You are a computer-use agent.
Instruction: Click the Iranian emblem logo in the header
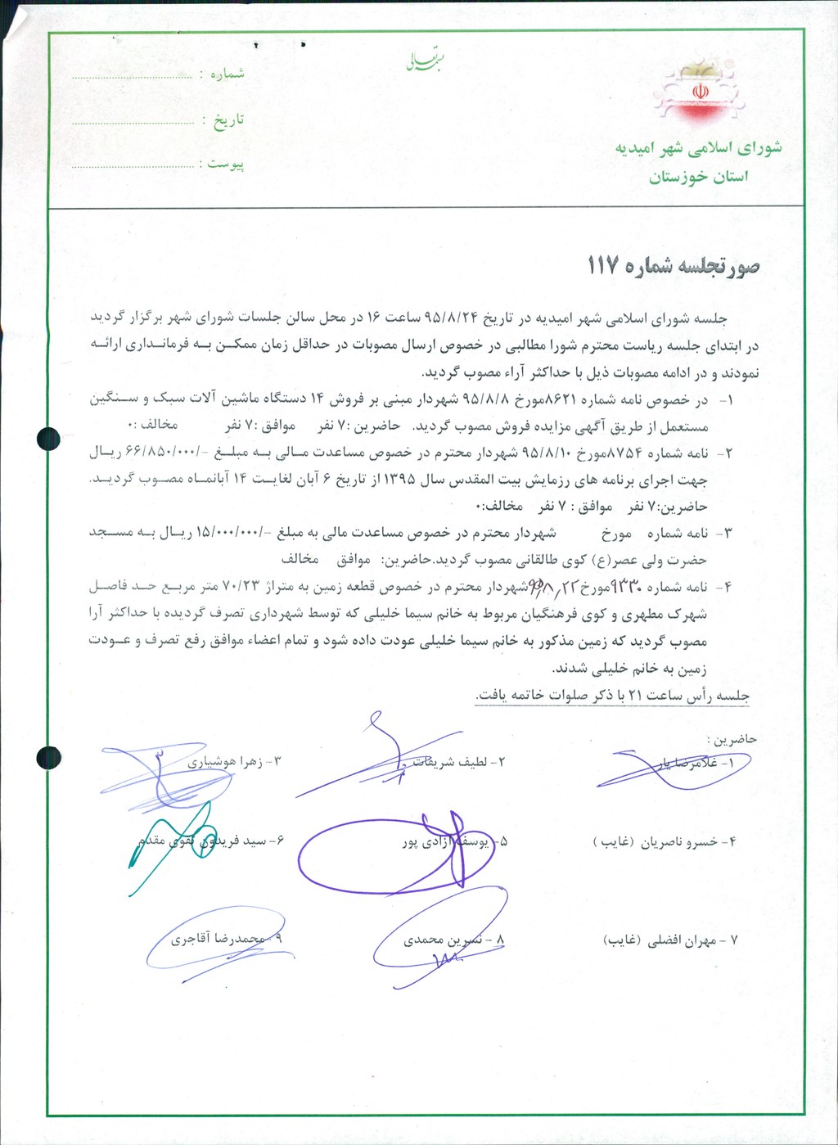click(x=700, y=92)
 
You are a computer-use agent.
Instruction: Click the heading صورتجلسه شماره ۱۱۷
click(x=673, y=266)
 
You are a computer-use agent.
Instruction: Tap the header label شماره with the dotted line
click(x=227, y=74)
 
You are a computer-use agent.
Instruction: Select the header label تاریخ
click(x=228, y=120)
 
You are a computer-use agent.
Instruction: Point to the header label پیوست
click(x=225, y=164)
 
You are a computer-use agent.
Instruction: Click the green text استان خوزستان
click(x=698, y=177)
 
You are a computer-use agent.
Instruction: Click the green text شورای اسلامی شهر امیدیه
click(x=698, y=148)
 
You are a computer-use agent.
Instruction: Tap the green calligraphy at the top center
click(x=426, y=62)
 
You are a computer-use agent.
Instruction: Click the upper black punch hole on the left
click(x=48, y=439)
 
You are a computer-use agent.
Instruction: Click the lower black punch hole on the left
click(x=48, y=758)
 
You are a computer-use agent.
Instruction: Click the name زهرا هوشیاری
click(x=229, y=762)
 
